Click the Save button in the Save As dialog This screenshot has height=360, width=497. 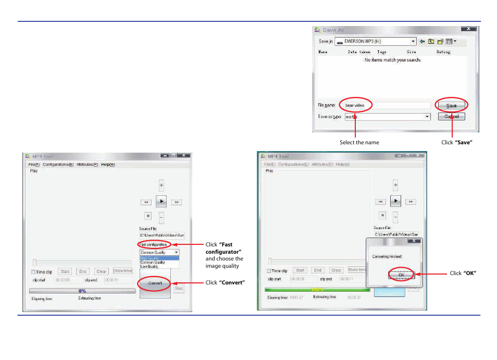point(451,105)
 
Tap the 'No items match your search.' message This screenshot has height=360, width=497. point(392,60)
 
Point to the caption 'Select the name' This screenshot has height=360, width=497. point(359,142)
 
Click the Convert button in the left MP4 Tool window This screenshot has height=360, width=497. point(155,283)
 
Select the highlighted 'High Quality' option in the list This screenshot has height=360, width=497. point(159,258)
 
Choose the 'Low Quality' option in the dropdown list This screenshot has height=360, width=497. point(159,266)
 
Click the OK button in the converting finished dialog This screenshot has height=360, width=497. point(401,275)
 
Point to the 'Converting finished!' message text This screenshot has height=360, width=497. point(387,256)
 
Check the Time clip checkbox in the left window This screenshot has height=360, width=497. point(33,272)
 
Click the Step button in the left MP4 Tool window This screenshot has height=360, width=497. point(179,288)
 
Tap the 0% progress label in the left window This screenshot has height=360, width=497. point(82,291)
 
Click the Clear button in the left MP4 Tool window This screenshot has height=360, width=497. point(101,271)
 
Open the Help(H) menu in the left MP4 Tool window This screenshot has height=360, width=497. point(107,165)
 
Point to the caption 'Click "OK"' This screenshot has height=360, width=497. point(463,274)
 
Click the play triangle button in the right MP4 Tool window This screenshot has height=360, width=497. point(395,201)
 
